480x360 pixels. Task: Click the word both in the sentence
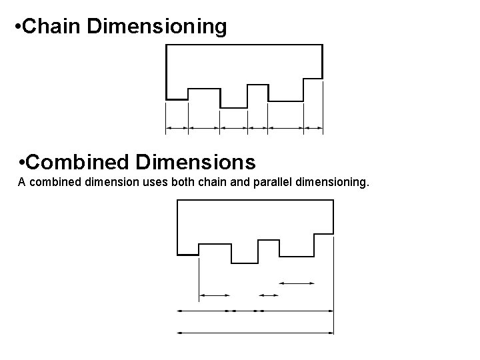tap(182, 181)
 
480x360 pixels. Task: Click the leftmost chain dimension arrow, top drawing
tap(177, 127)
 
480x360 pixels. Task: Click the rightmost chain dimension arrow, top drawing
tap(313, 127)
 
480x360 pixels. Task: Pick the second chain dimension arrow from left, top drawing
tap(205, 127)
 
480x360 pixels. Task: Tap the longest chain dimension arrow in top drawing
tap(286, 127)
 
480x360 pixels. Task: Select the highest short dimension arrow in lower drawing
tap(296, 283)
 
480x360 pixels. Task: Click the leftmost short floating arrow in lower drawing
tap(215, 295)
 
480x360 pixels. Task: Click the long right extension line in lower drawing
tap(333, 293)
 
